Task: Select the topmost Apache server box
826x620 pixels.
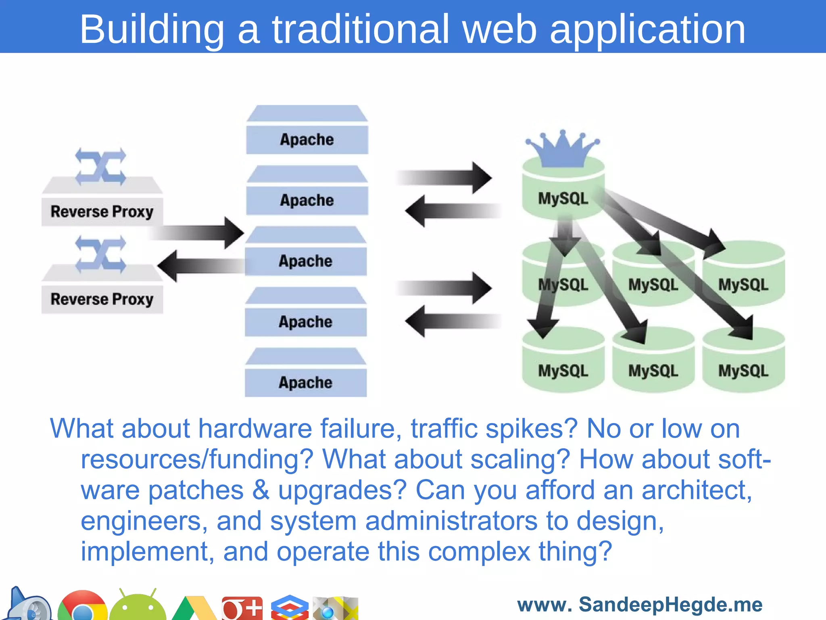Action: [x=307, y=139]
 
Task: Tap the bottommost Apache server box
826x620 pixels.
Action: [x=305, y=382]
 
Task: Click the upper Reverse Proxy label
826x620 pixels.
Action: [x=102, y=212]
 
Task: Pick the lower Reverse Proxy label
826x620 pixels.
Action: [x=102, y=299]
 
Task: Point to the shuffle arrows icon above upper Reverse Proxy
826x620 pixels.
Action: [x=101, y=167]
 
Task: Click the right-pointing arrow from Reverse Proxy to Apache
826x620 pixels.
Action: [x=198, y=233]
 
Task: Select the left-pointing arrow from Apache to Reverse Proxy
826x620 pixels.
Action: [x=202, y=266]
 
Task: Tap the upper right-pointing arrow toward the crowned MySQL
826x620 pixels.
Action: [x=444, y=178]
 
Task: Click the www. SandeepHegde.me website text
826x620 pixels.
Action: [x=640, y=605]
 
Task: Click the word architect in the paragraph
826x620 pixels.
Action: [x=696, y=490]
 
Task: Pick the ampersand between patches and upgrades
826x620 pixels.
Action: [x=261, y=490]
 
